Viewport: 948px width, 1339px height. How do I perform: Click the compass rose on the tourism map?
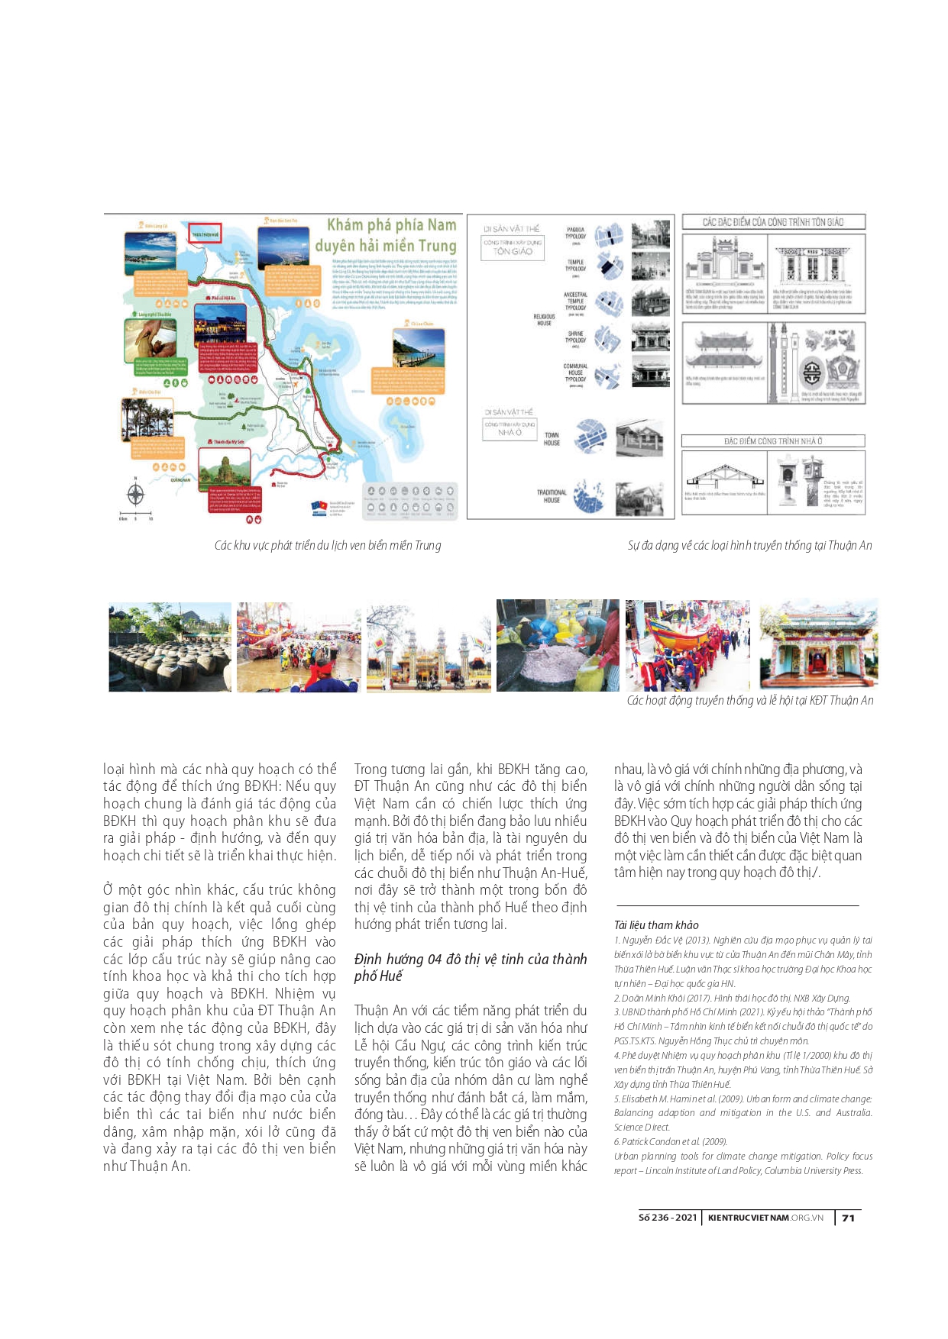point(135,494)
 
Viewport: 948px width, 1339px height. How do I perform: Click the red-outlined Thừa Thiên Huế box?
point(205,234)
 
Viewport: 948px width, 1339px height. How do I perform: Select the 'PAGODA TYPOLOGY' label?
point(575,233)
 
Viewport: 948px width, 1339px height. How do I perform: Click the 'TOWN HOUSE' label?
point(552,439)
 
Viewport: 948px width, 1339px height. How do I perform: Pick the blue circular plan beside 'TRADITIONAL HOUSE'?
point(589,497)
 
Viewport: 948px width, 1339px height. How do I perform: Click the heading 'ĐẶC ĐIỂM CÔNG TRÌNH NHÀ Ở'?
point(772,441)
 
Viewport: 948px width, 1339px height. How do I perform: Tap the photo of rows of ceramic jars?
point(170,647)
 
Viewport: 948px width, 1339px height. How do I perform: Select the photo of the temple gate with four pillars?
point(429,647)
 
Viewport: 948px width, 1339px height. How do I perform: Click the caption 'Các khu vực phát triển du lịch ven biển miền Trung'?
point(327,545)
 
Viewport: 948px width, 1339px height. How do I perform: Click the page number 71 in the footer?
point(848,1218)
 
